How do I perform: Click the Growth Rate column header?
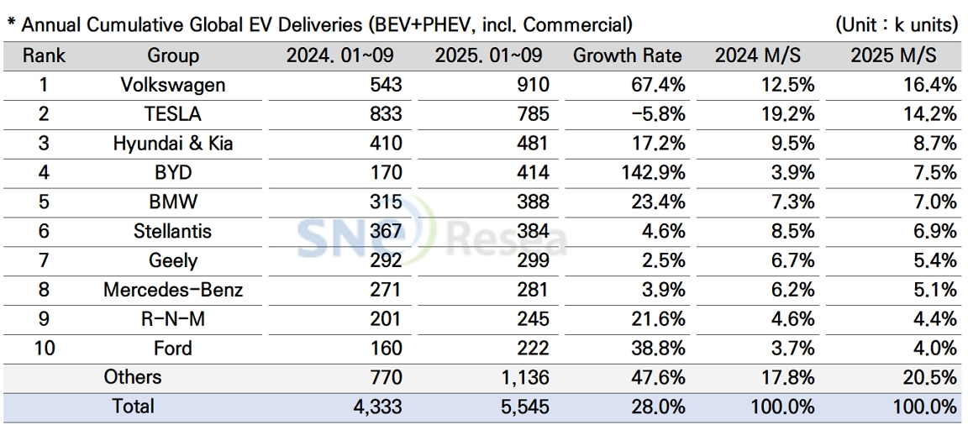coord(627,56)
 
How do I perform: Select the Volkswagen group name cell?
coord(173,85)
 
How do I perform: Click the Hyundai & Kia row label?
coord(173,144)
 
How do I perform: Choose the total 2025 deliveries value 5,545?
coord(523,407)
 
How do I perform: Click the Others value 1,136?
coord(523,378)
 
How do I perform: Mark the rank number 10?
coord(44,349)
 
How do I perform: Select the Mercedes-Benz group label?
coord(173,291)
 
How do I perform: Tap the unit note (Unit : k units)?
coord(896,25)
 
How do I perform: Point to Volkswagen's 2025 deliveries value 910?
coord(534,85)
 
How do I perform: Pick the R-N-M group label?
coord(173,320)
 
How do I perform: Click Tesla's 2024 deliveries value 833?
coord(386,114)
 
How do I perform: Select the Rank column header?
coord(44,56)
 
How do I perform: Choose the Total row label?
coord(133,407)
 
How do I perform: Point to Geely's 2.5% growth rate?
coord(663,261)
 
